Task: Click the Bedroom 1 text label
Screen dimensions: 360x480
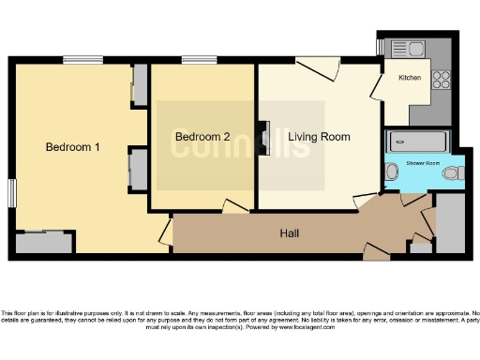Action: (x=74, y=147)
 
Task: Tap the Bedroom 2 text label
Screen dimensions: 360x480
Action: (x=202, y=137)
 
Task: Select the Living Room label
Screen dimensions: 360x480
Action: (x=319, y=137)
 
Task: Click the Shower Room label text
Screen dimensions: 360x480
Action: (x=422, y=162)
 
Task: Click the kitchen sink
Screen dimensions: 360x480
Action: (x=408, y=47)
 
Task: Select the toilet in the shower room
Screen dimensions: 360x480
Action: (x=455, y=172)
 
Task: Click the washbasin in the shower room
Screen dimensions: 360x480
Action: (x=391, y=172)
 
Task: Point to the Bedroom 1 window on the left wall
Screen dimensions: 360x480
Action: (x=12, y=191)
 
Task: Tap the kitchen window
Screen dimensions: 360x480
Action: (x=380, y=46)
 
